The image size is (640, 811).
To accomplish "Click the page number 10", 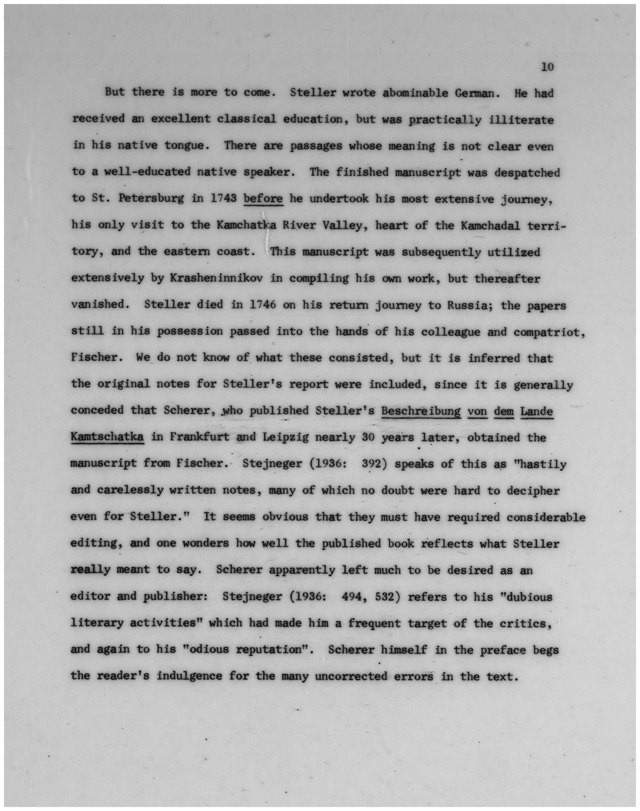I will [547, 67].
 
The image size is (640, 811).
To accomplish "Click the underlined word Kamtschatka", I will [107, 437].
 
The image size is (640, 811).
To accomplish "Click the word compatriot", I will [547, 331].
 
